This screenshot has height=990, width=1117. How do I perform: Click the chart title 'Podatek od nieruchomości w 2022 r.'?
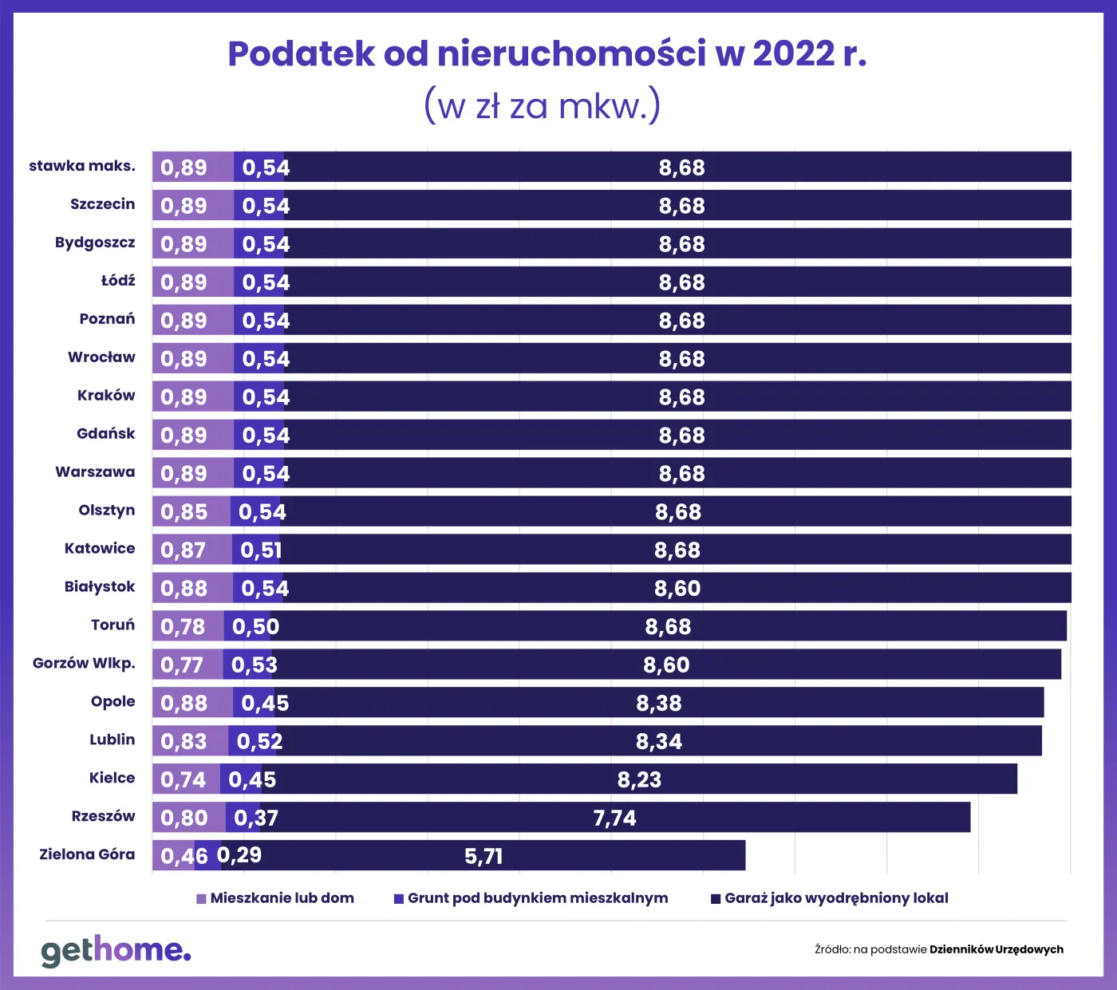(547, 54)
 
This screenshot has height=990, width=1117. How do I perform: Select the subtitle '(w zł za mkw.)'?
(542, 106)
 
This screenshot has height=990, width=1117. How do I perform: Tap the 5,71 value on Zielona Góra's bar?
(484, 856)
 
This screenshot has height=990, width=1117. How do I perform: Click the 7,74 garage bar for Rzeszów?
(614, 818)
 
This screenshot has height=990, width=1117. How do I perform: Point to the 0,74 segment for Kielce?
(184, 779)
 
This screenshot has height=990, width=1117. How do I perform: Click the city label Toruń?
(112, 625)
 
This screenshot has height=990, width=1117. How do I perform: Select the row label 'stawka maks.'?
(82, 166)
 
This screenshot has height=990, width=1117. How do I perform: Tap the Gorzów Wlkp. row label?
(84, 663)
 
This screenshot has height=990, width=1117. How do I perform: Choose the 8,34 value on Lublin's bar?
(659, 741)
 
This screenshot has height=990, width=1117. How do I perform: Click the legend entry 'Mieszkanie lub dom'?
(275, 898)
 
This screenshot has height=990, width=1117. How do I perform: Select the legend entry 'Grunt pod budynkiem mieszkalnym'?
(531, 898)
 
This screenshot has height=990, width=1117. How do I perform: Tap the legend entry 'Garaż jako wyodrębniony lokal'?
(830, 898)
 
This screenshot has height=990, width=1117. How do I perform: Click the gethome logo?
(116, 950)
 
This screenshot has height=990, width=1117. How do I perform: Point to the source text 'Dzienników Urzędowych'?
(996, 949)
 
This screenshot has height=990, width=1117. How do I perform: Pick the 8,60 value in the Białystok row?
(677, 588)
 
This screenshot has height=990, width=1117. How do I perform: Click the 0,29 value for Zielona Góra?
(239, 855)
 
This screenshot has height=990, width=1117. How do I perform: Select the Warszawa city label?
(95, 471)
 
